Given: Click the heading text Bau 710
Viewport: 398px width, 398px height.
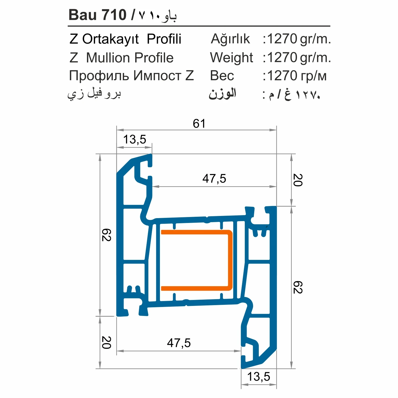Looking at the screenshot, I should click(97, 15).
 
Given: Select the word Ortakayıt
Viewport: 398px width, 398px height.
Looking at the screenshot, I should click(110, 39).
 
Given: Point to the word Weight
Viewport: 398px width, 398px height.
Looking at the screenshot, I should click(231, 58).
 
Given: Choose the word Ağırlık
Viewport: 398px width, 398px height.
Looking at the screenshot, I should click(230, 39).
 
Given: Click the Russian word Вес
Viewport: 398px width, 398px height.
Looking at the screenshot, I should click(222, 76).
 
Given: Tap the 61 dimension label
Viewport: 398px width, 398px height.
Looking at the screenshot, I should click(199, 124).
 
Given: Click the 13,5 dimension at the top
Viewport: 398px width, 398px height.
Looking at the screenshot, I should click(134, 139).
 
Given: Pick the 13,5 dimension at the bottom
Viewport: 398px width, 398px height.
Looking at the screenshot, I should click(259, 376).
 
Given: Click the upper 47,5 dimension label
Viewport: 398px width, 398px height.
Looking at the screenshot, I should click(214, 179).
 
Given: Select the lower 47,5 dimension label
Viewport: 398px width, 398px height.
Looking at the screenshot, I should click(179, 343).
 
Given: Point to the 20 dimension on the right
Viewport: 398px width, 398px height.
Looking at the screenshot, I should click(298, 180).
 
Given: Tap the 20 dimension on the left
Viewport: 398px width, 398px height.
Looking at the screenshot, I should click(106, 343).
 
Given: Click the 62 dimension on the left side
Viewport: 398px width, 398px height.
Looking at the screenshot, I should click(106, 235).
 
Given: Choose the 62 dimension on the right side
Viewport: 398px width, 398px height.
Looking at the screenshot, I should click(298, 287).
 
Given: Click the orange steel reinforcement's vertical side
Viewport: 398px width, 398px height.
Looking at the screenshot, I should click(230, 260).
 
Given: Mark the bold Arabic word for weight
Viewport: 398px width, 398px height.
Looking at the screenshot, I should click(222, 94).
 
